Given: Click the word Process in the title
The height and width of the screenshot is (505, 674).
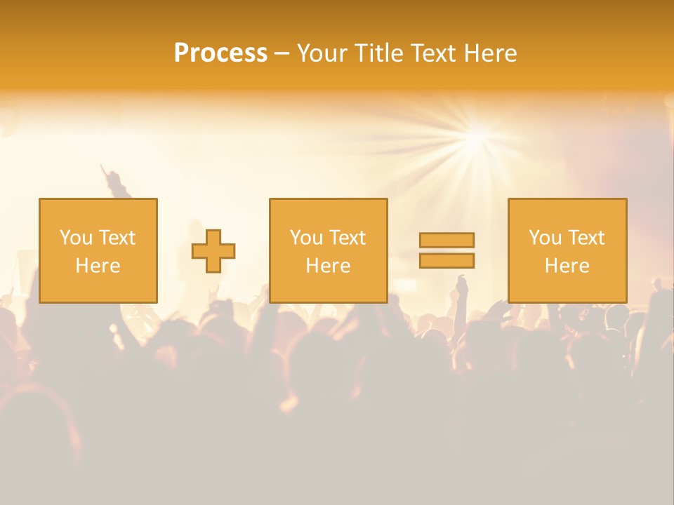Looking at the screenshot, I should point(220,53).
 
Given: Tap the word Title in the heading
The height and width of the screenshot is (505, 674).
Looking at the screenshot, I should point(381,53).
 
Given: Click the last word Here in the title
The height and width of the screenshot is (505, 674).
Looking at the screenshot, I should point(493,53).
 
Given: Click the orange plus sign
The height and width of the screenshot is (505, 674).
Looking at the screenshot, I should point(213,251).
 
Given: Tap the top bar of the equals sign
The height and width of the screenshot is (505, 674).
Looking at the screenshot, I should point(447,240).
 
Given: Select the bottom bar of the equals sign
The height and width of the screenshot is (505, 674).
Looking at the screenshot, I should point(447,260).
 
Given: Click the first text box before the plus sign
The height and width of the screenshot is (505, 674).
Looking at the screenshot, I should point(98,251).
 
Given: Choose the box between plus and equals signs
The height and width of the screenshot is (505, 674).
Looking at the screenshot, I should point(329,251).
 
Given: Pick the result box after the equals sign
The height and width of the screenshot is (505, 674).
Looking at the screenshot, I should point(567,251).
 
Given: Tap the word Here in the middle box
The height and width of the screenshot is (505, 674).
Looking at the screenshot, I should point(329,266).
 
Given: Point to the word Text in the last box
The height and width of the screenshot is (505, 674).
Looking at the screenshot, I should point(585,238).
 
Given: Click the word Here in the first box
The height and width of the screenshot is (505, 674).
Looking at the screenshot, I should point(98,266).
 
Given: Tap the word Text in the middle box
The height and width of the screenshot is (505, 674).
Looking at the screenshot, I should point(346,238).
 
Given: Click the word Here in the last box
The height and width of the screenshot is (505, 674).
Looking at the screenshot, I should point(567,266).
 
